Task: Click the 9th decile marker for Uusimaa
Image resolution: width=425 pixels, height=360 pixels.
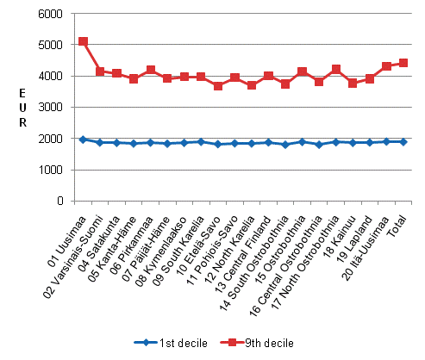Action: tap(83, 41)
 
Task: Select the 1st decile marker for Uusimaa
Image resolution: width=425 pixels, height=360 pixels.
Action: tap(83, 139)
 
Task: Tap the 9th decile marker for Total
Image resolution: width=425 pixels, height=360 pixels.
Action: tap(403, 63)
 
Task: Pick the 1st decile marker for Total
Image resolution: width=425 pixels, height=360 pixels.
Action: tap(403, 141)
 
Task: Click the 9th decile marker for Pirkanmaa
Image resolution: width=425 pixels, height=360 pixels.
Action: tap(151, 70)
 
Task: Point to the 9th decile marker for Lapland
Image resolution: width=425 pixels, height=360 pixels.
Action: tap(369, 78)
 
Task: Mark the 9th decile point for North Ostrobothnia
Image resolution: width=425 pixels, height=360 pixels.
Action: tap(335, 69)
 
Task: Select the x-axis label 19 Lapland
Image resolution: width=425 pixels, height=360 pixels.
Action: tap(357, 226)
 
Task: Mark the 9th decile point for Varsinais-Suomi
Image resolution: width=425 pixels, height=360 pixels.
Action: tap(100, 71)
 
